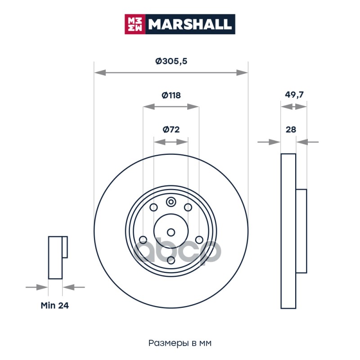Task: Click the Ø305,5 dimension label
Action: coord(171,61)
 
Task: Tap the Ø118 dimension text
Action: coord(171,95)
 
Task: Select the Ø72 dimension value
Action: coord(171,130)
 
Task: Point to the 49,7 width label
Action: coord(294,94)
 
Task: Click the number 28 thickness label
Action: coord(291,130)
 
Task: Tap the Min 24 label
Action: coord(54,306)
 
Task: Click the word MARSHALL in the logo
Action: coord(189,24)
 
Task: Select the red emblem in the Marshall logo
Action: coord(135,24)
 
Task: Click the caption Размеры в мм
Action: coord(180,343)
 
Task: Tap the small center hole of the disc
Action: coord(171,232)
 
